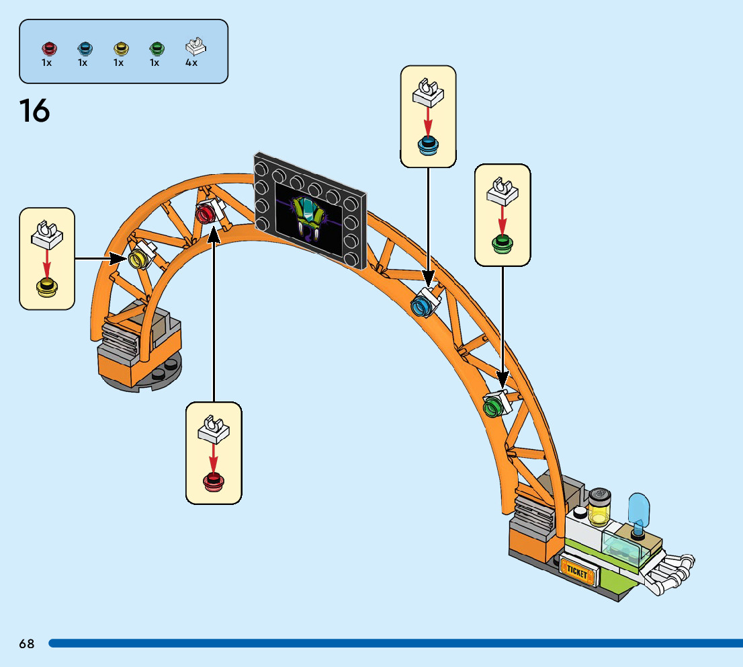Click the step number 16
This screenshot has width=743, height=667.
[x=34, y=110]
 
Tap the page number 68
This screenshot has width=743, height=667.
[x=27, y=643]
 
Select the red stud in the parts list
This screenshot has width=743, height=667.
[x=49, y=48]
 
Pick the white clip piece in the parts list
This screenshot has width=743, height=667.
[x=195, y=46]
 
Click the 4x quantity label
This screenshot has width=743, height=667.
[x=191, y=63]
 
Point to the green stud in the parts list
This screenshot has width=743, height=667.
[x=157, y=48]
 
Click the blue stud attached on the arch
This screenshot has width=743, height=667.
[x=420, y=306]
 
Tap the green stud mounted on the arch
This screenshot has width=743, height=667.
[x=492, y=407]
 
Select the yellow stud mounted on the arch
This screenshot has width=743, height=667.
[x=137, y=259]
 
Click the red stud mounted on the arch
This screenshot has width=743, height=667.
[x=205, y=213]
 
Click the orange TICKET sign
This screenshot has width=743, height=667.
[x=576, y=571]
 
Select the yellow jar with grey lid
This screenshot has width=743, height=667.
[x=599, y=507]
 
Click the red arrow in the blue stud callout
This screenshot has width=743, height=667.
[x=428, y=122]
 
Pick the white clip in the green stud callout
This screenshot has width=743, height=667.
[x=502, y=192]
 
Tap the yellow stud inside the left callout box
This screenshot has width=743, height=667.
[x=47, y=287]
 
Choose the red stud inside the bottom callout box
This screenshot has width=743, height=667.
[x=214, y=481]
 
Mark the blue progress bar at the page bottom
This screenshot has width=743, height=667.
[x=396, y=643]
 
